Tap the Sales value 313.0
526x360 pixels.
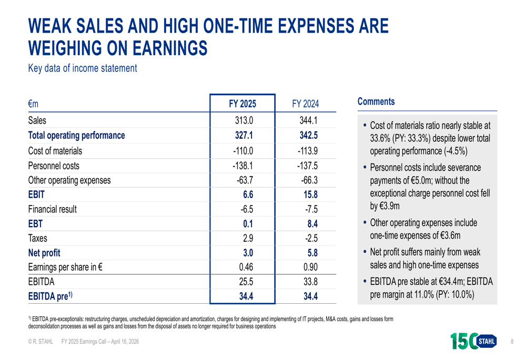coord(244,120)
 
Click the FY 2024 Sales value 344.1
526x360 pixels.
coord(308,120)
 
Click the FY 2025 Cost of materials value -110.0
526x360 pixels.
coord(244,151)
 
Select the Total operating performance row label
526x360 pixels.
coord(76,136)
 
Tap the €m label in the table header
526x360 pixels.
coord(34,105)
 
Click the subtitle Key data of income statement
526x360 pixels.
coord(83,68)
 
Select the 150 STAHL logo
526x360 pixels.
coord(474,342)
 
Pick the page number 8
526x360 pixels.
coord(512,342)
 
